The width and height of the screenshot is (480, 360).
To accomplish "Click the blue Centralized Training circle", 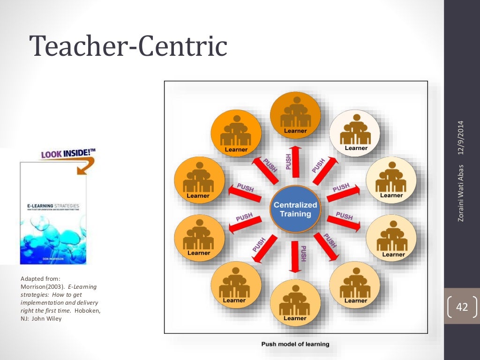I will tap(295, 209).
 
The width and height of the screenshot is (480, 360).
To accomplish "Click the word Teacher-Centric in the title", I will tap(128, 47).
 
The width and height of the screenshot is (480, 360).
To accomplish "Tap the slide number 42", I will tap(462, 307).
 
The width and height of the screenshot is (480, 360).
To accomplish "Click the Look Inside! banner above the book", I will tap(68, 153).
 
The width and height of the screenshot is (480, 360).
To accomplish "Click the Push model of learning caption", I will tap(295, 344).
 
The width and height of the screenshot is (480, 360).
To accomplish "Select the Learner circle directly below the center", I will tap(295, 302).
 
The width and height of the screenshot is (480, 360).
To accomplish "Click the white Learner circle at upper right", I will tap(356, 133).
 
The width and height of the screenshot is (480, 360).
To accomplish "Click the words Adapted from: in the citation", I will tap(37, 279).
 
